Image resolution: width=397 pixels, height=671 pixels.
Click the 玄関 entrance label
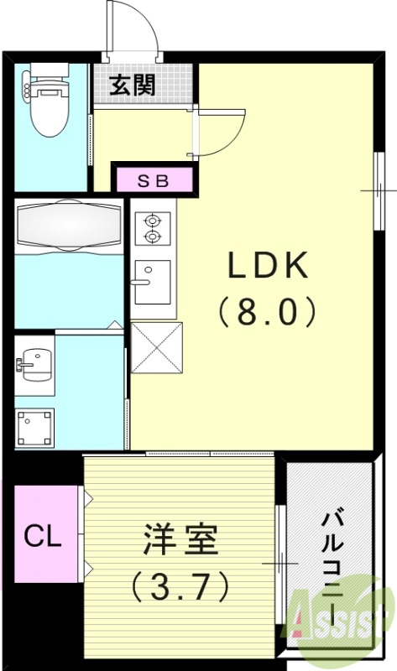tap(134, 86)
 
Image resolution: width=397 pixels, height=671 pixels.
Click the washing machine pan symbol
tap(34, 427)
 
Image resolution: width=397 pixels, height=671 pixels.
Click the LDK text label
tap(267, 267)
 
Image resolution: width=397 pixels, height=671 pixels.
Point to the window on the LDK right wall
tap(379, 191)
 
